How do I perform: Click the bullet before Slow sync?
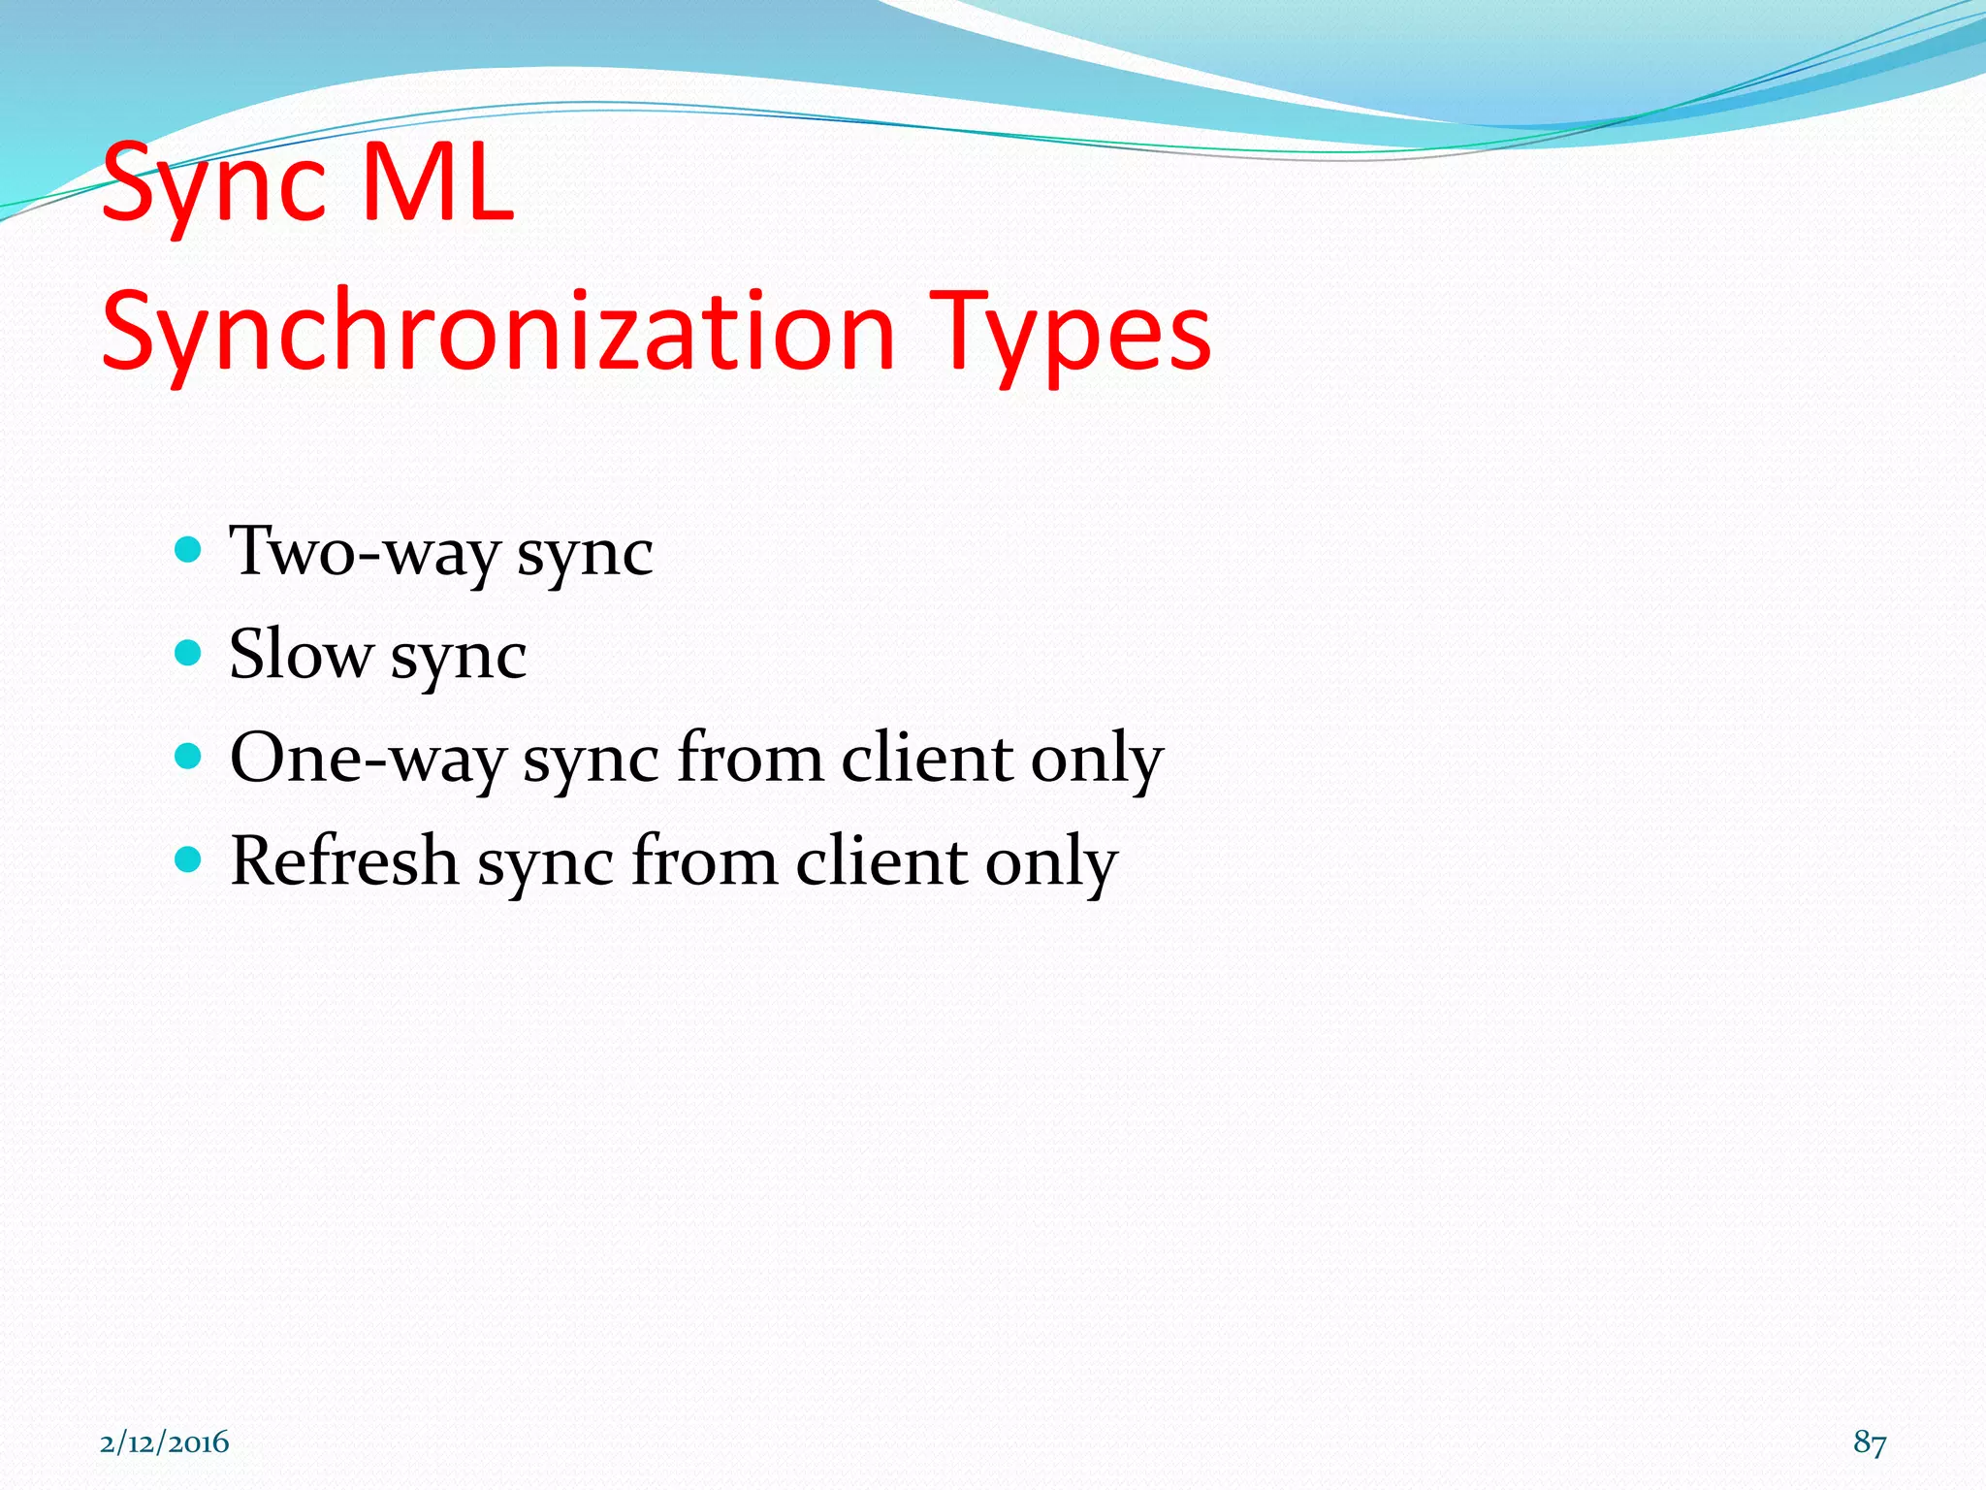pos(188,652)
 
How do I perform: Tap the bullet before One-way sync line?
pos(188,756)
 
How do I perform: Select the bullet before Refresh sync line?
pos(188,858)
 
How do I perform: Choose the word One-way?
pos(368,758)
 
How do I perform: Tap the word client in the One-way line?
pos(926,758)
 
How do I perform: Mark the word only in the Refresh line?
pos(1051,862)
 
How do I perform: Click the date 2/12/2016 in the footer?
pos(164,1442)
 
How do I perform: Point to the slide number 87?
pos(1869,1442)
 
